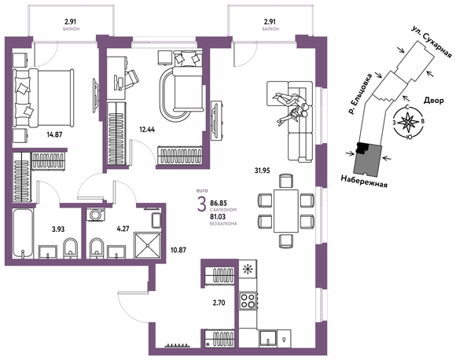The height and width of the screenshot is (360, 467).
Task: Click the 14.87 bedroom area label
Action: tap(54, 134)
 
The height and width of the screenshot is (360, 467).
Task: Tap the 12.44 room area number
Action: tap(147, 130)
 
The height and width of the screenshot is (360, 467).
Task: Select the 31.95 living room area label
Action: tap(263, 171)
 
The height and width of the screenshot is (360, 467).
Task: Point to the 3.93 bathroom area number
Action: tap(57, 230)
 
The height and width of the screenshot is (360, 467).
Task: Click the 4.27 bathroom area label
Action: tap(123, 230)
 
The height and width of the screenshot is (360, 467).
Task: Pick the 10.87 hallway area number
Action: tap(178, 250)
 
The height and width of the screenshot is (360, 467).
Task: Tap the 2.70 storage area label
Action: tap(219, 303)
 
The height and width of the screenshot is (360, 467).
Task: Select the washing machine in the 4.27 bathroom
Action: tap(96, 215)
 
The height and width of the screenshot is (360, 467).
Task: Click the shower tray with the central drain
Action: tap(148, 245)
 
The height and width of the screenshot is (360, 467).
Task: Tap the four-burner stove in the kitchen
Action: tap(248, 301)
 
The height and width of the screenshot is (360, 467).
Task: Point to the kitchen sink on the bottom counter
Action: tap(268, 339)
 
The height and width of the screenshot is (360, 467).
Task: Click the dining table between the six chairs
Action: tap(286, 211)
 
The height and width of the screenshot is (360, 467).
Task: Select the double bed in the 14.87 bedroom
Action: tap(43, 97)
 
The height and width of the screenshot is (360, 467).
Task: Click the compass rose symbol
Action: tap(406, 122)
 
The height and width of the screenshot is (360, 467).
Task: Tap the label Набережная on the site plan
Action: tap(364, 182)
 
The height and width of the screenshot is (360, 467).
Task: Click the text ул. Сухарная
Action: tap(432, 42)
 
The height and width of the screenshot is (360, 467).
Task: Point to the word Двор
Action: tap(434, 101)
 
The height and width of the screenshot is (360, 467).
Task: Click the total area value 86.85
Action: tap(219, 204)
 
